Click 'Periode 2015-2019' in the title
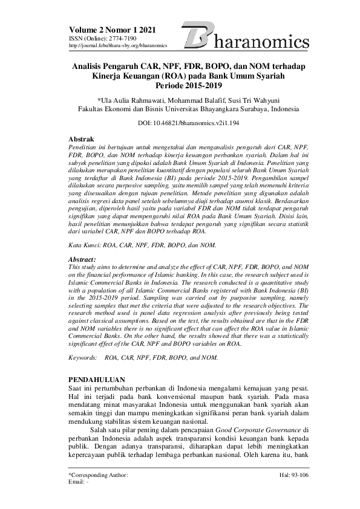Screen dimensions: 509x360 180,86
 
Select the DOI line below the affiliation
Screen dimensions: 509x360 180,123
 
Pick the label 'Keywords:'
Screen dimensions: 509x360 83,358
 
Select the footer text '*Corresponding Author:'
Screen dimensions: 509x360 98,476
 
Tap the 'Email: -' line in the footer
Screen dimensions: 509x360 79,483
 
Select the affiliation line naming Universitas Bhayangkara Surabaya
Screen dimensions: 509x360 180,109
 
